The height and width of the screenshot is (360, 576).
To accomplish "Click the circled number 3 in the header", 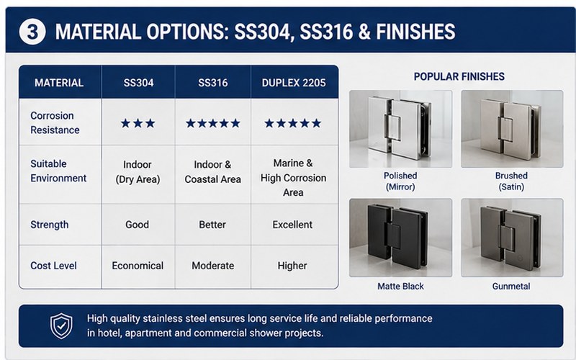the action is (x=32, y=32).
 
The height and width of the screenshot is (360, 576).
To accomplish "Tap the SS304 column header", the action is (x=138, y=83).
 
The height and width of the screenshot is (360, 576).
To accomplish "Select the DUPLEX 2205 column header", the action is (x=294, y=83).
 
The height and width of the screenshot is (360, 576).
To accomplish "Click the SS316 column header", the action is (x=212, y=83).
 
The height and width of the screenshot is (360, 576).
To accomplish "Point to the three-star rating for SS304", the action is (x=138, y=123).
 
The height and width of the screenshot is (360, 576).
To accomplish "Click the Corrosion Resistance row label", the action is (x=55, y=122).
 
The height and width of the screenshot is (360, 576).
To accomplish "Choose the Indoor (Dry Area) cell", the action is (x=138, y=171).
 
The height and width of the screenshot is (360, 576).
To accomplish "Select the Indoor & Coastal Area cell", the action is (x=212, y=171).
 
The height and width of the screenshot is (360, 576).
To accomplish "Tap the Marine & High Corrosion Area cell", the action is (x=293, y=178).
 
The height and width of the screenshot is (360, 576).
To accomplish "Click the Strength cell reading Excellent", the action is (x=292, y=225).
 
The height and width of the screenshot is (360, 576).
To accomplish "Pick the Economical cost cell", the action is (x=138, y=266).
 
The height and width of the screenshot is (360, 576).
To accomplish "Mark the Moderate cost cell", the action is (x=212, y=266).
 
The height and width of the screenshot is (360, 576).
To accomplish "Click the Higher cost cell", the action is (x=292, y=266).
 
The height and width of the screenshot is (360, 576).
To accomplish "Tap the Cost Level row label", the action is (x=53, y=266).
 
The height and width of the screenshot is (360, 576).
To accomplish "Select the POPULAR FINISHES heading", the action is (x=459, y=76).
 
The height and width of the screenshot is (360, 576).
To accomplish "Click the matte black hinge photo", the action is (x=400, y=238).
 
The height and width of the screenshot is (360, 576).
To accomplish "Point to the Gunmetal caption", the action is (x=511, y=286).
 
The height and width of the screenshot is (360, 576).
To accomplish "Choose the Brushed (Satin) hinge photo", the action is (x=512, y=129).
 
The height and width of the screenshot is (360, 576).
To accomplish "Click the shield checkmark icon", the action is (x=61, y=326).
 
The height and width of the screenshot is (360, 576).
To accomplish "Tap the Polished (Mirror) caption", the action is (x=400, y=181).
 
